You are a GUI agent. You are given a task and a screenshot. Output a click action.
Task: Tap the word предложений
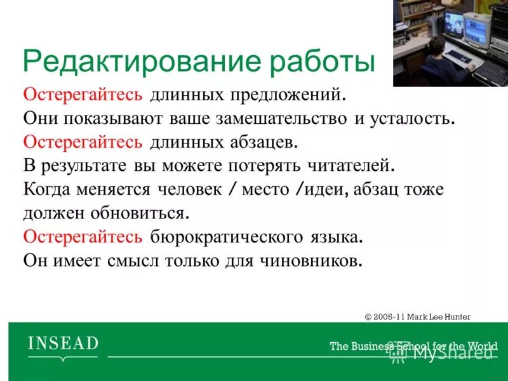[293, 95]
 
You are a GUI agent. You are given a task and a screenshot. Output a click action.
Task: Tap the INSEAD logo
[63, 345]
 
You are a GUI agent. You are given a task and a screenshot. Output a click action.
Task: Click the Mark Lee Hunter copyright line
[418, 316]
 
